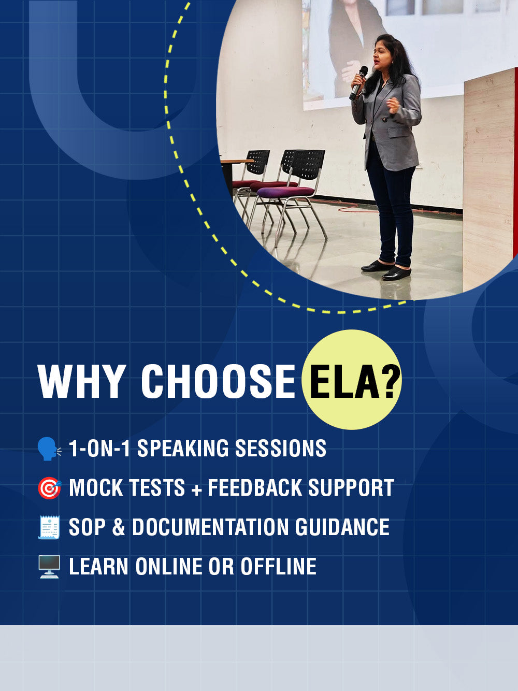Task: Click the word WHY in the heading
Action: (81, 381)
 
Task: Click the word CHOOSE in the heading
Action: (218, 381)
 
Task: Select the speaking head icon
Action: (49, 449)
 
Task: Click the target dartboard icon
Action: (49, 488)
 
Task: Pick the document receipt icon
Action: (49, 527)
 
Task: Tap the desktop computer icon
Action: (49, 567)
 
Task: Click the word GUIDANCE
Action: (342, 527)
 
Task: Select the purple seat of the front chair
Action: (285, 192)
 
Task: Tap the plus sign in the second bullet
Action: (196, 489)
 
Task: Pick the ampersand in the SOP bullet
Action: (119, 527)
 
